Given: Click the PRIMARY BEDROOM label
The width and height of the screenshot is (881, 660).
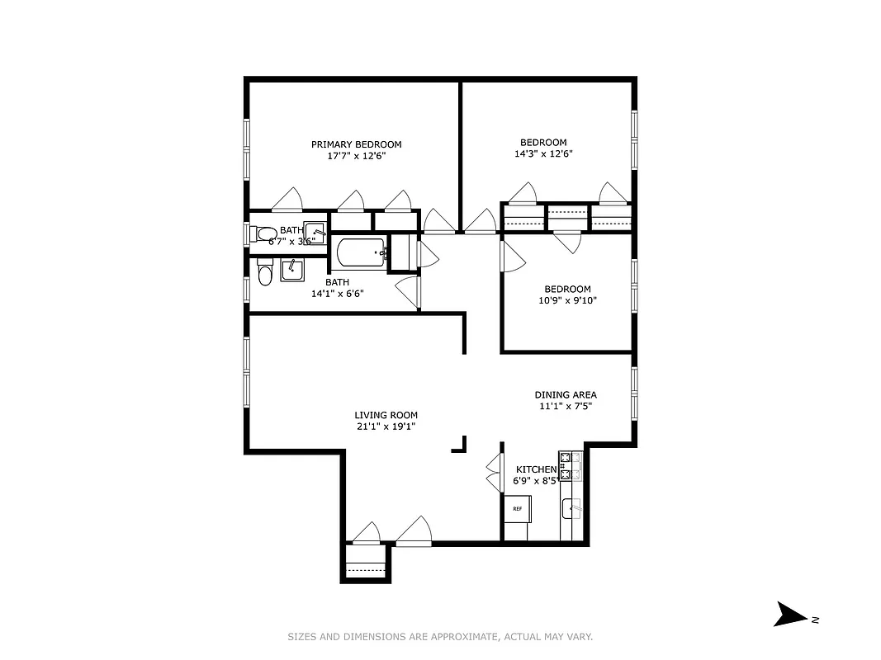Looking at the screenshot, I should pos(356,144).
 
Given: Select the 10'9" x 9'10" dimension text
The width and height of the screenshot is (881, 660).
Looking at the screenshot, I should pos(567,300).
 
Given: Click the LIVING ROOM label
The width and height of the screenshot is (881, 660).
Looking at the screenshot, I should pos(386,415).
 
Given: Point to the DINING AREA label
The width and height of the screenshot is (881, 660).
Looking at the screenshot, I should pos(566,394).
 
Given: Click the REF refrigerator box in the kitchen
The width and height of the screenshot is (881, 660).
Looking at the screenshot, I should pos(518,509).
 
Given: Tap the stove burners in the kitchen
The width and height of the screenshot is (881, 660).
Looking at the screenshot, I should pos(566,465).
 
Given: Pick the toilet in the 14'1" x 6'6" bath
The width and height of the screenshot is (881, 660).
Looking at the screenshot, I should pos(264,273).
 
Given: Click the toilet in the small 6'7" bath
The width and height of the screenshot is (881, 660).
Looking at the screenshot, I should pos(263,233).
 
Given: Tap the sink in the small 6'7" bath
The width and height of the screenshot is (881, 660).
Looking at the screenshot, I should pos(315,232).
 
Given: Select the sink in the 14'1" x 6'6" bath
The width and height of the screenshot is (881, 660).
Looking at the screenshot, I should pos(291,270).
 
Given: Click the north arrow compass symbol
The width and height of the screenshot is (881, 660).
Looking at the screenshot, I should pos(790,615).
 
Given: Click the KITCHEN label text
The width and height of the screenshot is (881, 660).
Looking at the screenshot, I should pos(536,469).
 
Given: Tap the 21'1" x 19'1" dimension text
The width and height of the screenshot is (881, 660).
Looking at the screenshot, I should pos(386,427).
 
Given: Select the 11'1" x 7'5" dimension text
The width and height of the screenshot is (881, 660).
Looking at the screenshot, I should pos(566,406).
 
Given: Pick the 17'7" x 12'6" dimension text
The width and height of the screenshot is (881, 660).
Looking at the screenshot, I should pos(356,156).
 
